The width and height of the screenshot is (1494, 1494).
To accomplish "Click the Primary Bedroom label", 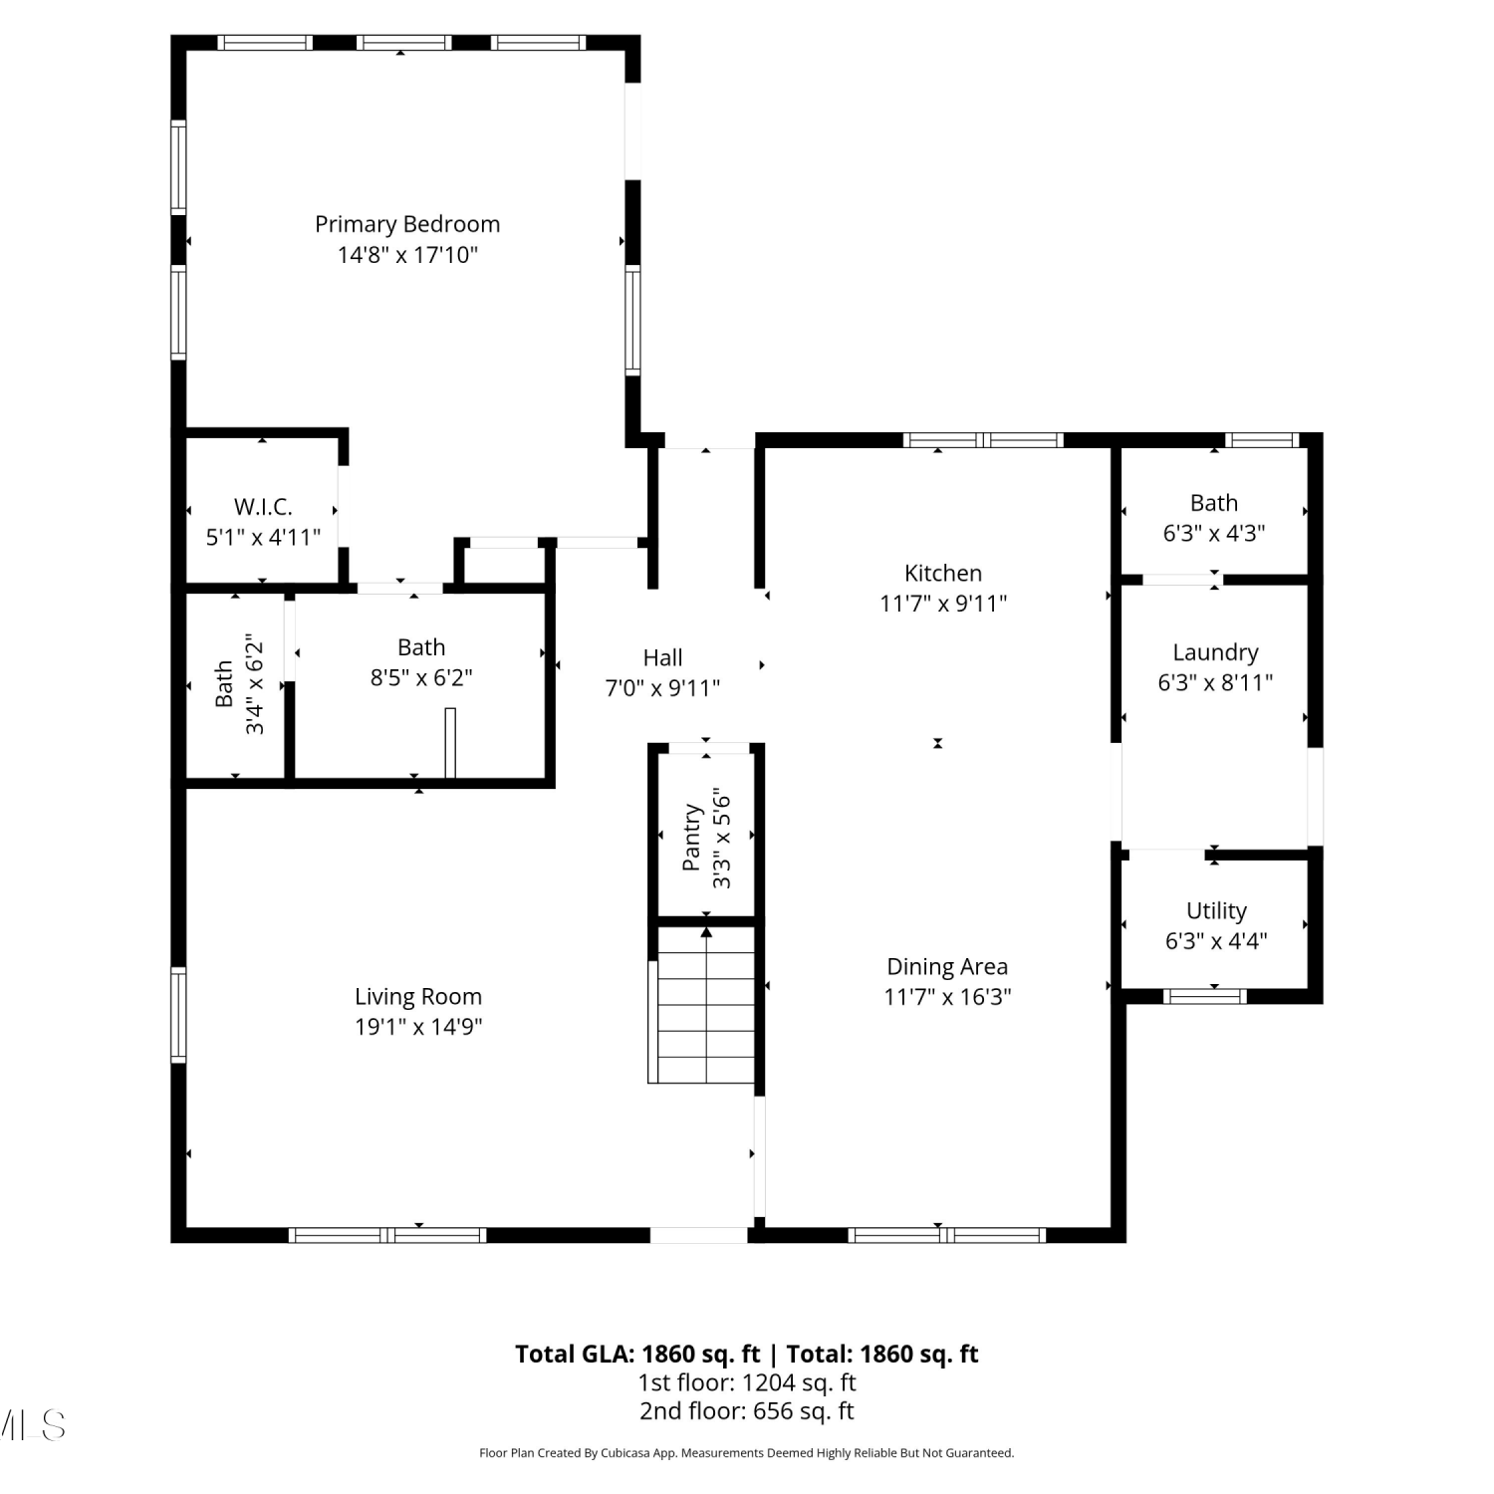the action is tap(407, 224).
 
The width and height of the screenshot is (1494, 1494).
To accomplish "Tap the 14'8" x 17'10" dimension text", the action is tap(407, 255).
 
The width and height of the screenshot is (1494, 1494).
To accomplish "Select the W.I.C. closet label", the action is tap(263, 507).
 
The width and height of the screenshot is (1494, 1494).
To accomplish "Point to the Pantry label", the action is tap(692, 839).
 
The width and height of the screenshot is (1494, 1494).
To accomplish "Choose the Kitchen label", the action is tap(943, 573).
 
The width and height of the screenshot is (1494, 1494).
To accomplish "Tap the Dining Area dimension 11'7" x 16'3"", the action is tap(947, 997).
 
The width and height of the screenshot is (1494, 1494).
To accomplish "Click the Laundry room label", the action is tap(1215, 653).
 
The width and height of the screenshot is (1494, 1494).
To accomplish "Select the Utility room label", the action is tap(1216, 911).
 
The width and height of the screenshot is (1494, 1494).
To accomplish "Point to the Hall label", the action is tap(662, 657).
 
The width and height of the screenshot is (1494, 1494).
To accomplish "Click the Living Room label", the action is tap(418, 997).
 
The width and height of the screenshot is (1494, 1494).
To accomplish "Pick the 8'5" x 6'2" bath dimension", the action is tap(421, 678).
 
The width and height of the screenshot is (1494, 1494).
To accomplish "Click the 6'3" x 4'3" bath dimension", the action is tap(1214, 534).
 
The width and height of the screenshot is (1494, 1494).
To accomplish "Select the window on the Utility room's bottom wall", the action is tap(1205, 995).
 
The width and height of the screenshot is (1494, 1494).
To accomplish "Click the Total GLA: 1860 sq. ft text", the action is tap(637, 1355).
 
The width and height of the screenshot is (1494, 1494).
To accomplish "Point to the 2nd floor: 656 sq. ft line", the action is tap(747, 1411).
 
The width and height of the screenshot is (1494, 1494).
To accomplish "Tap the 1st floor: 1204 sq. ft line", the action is tap(747, 1382).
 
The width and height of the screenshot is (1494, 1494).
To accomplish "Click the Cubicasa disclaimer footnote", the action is tap(747, 1453).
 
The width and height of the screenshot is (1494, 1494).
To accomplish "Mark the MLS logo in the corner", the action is tap(33, 1425).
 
